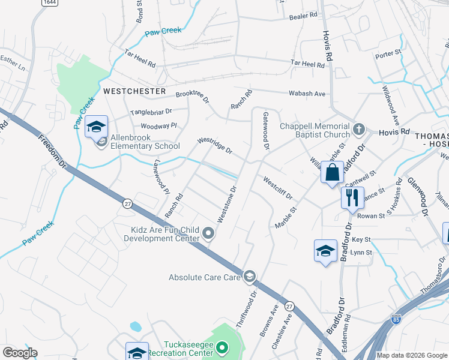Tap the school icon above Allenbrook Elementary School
click(95, 127)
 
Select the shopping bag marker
click(332, 173)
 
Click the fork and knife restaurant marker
click(352, 197)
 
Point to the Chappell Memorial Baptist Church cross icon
click(358, 129)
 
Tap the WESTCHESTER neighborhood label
click(134, 91)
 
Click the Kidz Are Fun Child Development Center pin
click(208, 233)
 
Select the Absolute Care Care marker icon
click(249, 277)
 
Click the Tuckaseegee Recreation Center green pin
click(222, 347)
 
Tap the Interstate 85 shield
click(396, 320)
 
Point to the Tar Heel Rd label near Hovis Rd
click(307, 63)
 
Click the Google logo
click(20, 353)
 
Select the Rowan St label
click(372, 216)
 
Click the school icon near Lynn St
click(325, 251)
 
